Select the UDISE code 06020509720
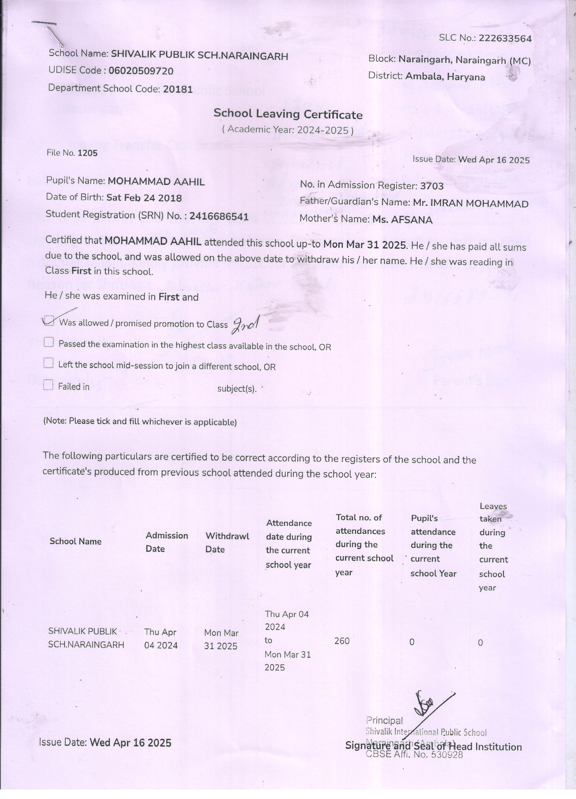tap(141, 71)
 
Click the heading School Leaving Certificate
tap(288, 114)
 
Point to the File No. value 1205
tap(87, 153)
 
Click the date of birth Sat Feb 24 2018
tap(144, 198)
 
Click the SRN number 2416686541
tap(219, 216)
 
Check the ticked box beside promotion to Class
tap(49, 321)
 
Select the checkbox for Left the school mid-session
tap(48, 363)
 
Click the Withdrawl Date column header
tap(227, 542)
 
